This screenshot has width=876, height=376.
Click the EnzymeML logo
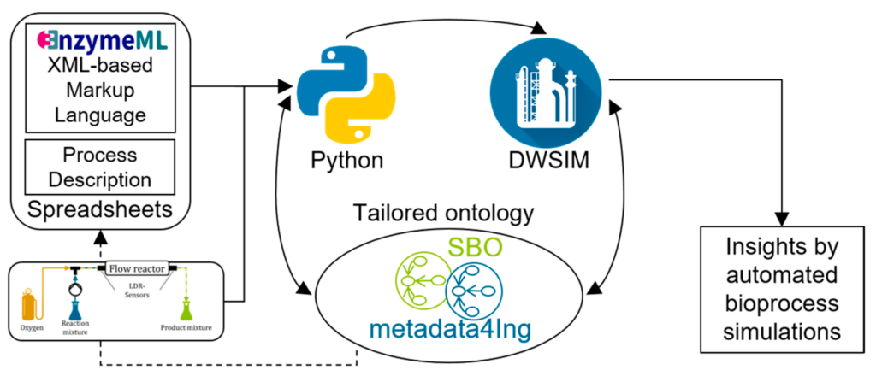(102, 39)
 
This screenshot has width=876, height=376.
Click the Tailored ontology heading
(445, 213)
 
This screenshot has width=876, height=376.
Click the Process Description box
(101, 168)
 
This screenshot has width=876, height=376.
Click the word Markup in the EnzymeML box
(101, 90)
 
